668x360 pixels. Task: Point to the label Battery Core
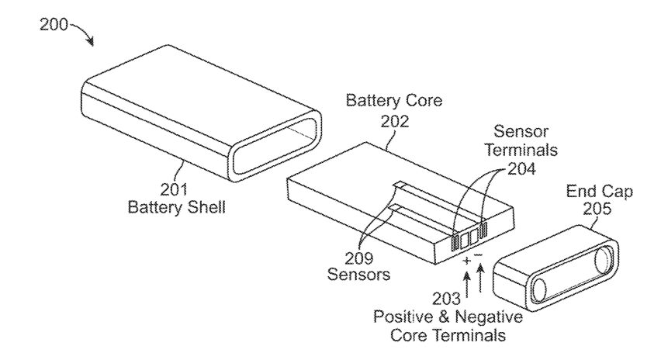tap(393, 101)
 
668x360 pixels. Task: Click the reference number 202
tap(395, 121)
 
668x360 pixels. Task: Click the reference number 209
tap(361, 258)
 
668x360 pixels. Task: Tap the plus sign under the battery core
tap(466, 262)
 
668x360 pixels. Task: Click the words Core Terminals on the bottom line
tap(448, 336)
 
